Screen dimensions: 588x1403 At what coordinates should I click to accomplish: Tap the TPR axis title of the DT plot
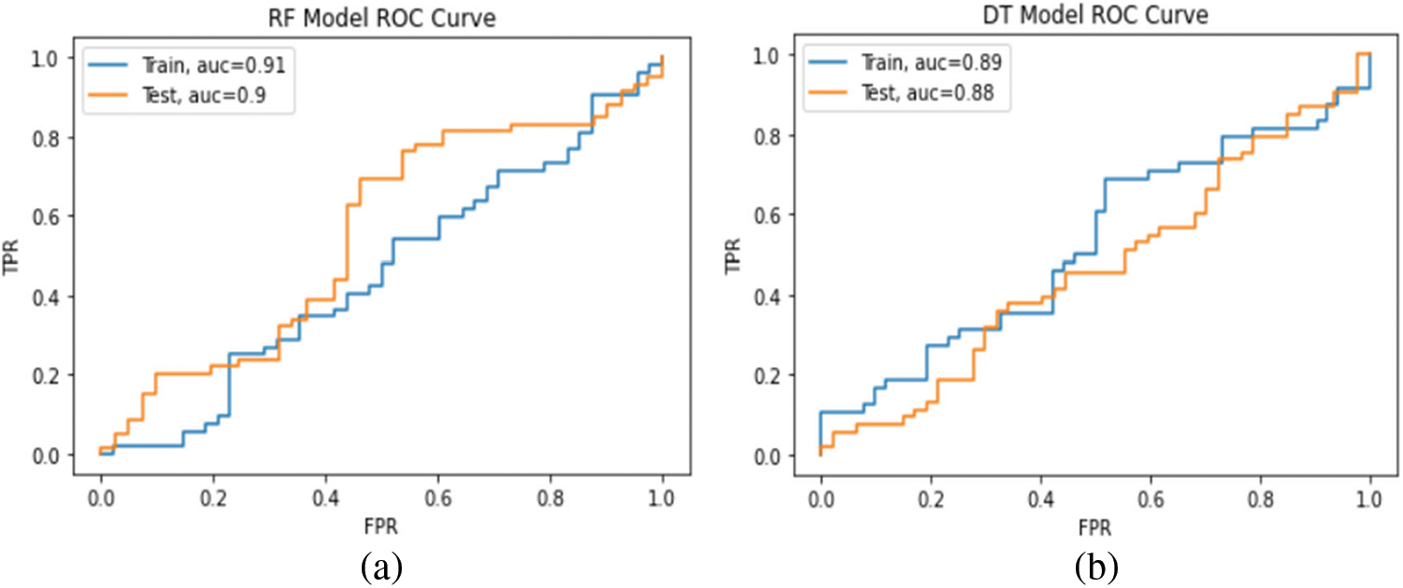pos(736,256)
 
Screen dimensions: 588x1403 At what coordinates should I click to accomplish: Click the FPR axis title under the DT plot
pos(1095,526)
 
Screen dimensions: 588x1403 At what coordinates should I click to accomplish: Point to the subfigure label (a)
pos(381,566)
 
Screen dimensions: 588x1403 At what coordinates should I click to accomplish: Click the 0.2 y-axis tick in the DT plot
pos(770,376)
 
